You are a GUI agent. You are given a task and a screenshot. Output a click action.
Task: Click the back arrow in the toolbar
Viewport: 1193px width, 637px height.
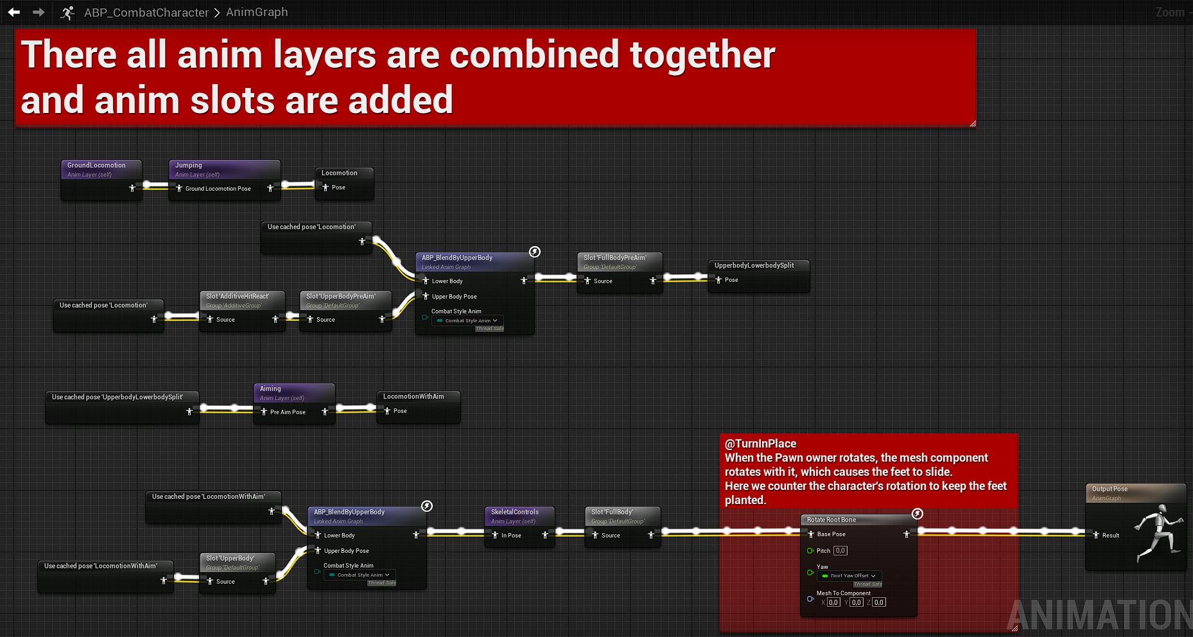click(13, 12)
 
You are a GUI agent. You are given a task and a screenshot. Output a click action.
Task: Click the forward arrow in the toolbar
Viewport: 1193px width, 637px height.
click(39, 12)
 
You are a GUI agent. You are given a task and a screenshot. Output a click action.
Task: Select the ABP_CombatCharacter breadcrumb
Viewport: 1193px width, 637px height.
click(146, 12)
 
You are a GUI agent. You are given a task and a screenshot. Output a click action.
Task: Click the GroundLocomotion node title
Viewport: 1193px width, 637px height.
click(96, 166)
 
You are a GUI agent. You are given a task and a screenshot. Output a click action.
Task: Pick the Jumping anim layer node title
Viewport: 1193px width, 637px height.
click(189, 166)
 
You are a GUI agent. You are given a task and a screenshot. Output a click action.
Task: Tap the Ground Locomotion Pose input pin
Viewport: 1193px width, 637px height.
click(179, 189)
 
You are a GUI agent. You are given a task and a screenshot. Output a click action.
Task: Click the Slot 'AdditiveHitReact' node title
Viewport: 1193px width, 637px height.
click(238, 297)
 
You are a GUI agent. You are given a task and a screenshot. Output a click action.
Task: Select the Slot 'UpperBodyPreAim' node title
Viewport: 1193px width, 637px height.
click(341, 297)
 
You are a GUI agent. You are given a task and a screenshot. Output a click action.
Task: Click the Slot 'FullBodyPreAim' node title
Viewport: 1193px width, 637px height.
click(615, 258)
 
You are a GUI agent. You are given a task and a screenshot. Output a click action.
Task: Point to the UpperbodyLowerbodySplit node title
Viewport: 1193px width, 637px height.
click(754, 266)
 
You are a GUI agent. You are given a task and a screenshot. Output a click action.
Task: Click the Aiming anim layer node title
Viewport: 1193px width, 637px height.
click(270, 389)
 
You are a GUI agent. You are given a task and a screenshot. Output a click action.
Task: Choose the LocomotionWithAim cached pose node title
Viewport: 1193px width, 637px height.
click(414, 397)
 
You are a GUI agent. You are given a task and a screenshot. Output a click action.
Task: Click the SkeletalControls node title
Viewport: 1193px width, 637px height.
click(515, 512)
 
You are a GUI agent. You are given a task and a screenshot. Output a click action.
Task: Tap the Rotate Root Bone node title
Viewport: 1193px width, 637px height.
click(832, 520)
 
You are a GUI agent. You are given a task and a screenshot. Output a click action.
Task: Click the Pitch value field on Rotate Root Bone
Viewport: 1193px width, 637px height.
click(840, 551)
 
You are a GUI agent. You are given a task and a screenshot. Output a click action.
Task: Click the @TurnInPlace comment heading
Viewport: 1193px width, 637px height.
click(760, 444)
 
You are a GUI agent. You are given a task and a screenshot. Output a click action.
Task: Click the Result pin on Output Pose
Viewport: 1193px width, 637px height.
click(1097, 535)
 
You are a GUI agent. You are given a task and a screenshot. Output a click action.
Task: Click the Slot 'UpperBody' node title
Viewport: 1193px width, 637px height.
click(230, 559)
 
